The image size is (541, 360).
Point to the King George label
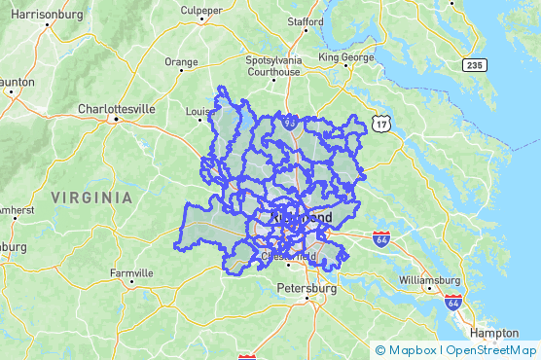(346, 57)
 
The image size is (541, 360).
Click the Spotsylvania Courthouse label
(274, 65)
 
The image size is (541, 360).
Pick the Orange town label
(181, 61)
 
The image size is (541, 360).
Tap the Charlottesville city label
(116, 109)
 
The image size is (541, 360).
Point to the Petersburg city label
(307, 289)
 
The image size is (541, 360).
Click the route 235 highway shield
(473, 63)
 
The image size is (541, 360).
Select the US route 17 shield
(380, 124)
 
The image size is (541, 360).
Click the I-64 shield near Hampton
(451, 303)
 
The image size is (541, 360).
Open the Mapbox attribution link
(409, 350)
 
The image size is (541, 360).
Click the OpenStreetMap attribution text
(491, 350)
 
